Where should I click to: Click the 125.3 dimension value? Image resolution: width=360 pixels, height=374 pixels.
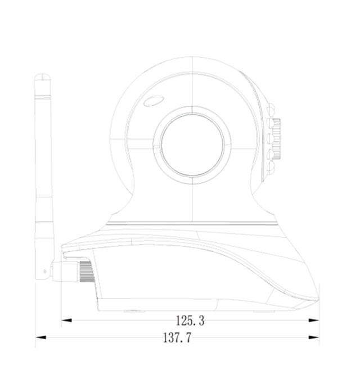[x=190, y=321]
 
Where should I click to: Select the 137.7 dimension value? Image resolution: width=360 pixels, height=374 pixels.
[x=177, y=338]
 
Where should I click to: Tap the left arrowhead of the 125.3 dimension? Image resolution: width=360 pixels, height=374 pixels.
[x=66, y=321]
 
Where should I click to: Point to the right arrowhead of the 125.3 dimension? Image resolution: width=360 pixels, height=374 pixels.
[x=314, y=321]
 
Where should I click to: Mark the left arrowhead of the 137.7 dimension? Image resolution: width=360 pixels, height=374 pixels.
[x=41, y=337]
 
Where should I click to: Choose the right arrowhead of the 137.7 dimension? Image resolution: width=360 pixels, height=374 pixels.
[x=314, y=337]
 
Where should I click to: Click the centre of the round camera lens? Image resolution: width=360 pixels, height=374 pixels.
[x=192, y=145]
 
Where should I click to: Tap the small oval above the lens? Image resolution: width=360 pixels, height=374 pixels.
[x=154, y=101]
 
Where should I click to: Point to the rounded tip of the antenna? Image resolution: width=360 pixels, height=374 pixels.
[x=42, y=76]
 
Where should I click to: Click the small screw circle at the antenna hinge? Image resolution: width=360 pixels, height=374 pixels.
[x=44, y=271]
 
